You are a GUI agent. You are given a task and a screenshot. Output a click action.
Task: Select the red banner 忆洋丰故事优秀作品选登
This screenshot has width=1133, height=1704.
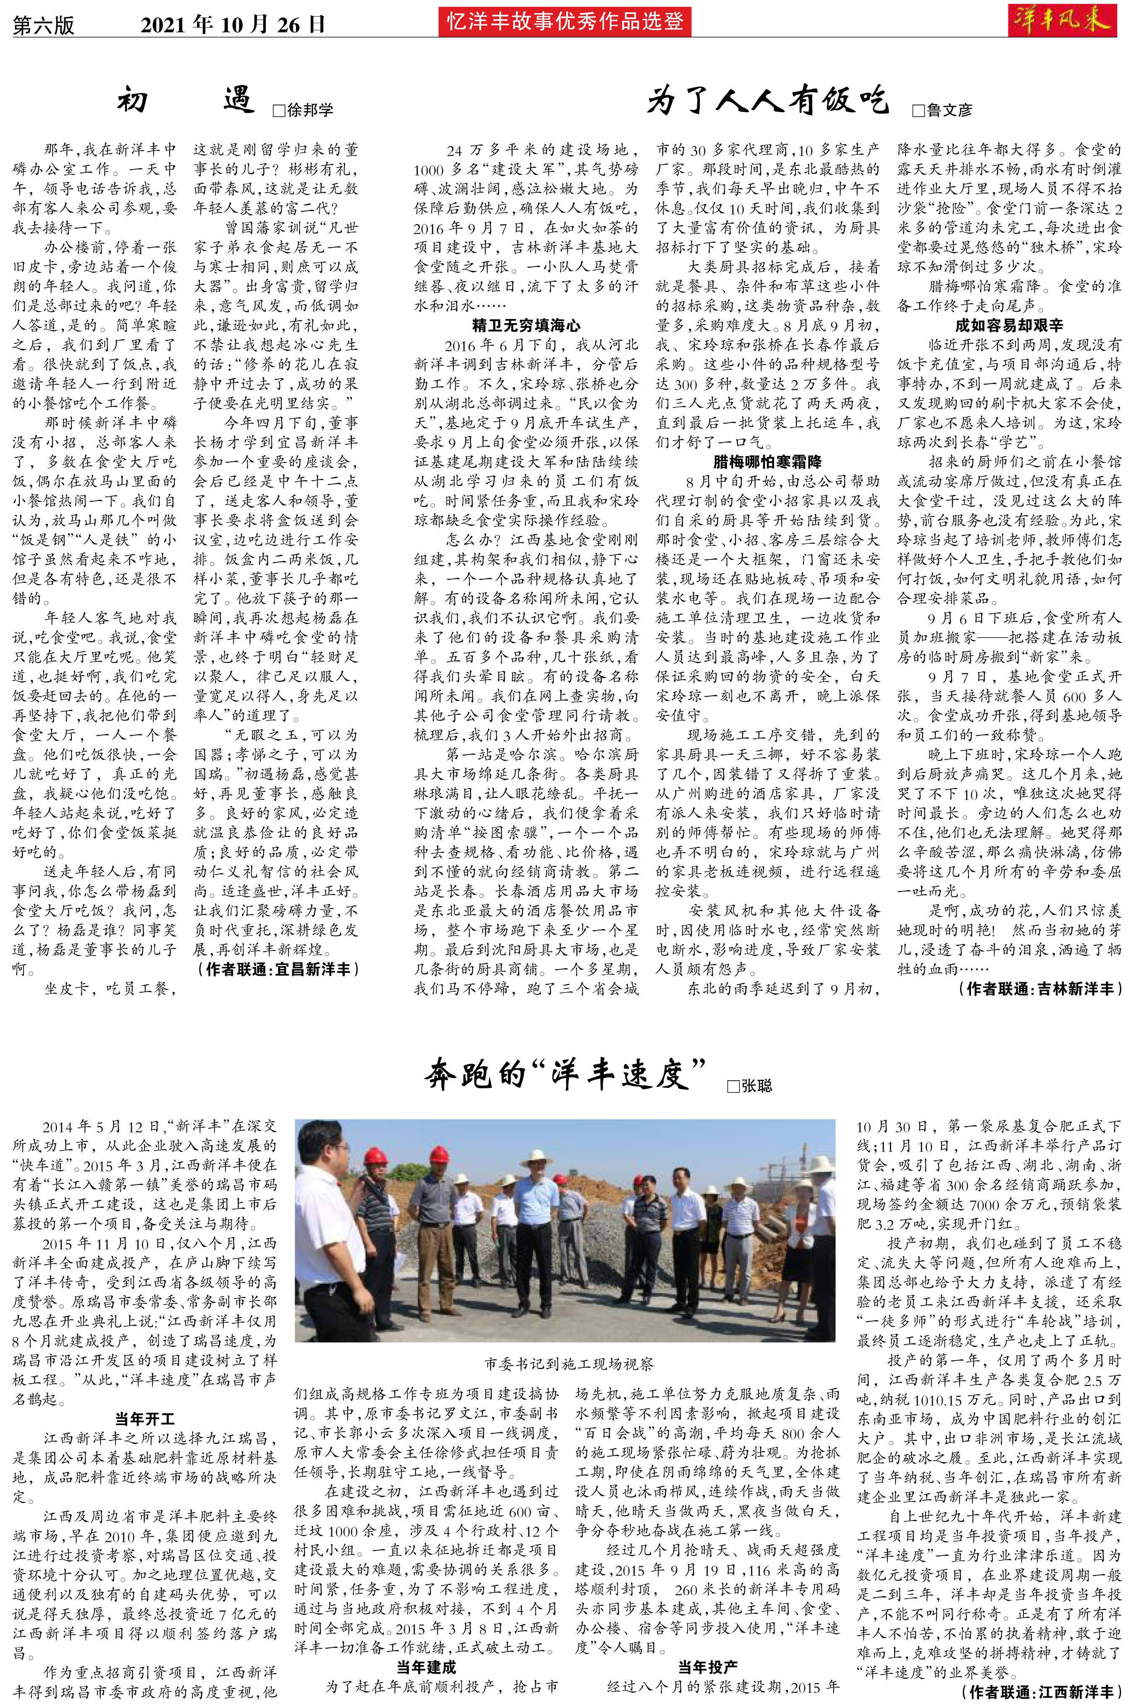click(x=564, y=22)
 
